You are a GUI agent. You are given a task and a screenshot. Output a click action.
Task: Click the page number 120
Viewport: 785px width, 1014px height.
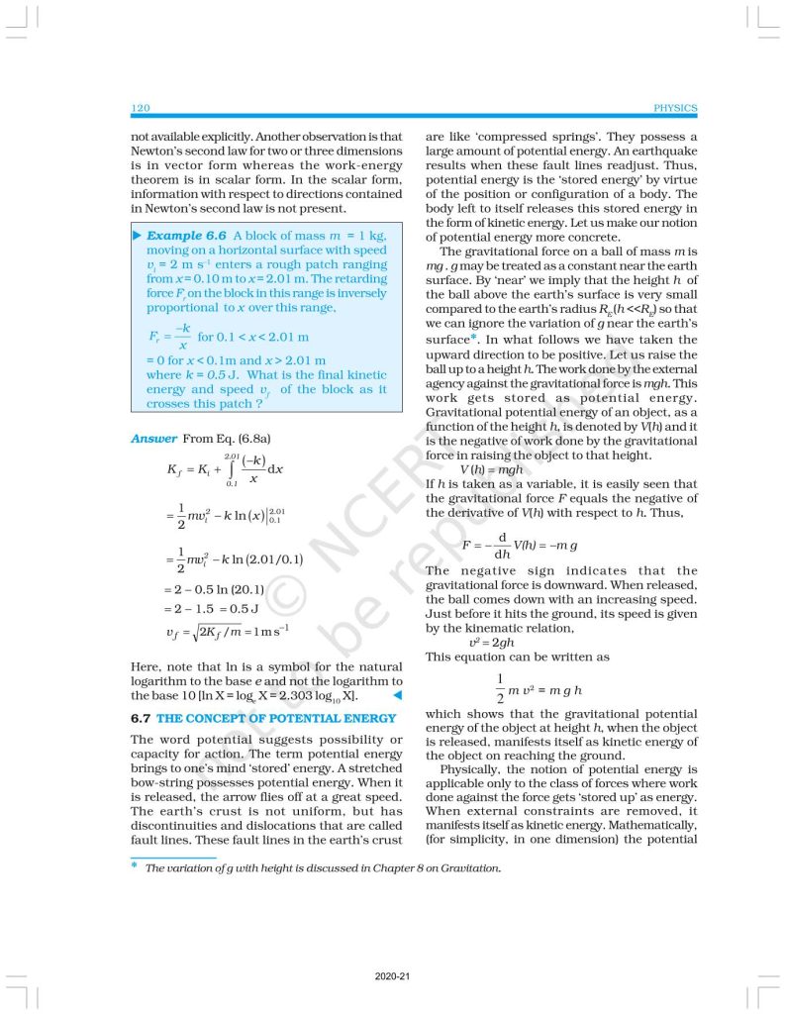140,108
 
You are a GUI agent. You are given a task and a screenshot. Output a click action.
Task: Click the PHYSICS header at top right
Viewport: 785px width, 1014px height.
676,108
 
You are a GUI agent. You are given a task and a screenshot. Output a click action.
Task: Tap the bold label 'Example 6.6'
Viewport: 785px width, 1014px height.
187,236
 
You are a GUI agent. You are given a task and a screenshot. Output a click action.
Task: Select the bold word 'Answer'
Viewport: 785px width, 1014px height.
153,438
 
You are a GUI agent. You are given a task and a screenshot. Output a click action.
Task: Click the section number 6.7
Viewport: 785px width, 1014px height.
141,718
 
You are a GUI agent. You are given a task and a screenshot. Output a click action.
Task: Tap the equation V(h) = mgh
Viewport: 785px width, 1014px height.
491,469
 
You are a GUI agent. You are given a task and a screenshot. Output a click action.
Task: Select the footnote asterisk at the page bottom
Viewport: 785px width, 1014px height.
134,866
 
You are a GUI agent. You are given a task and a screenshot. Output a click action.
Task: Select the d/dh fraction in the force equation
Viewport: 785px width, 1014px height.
501,546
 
